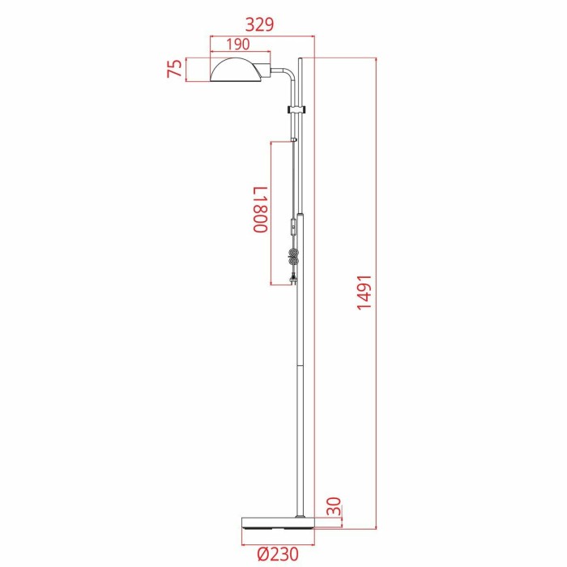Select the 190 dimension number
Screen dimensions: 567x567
(238, 45)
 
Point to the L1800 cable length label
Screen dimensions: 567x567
(258, 210)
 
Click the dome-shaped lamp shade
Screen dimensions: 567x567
(237, 71)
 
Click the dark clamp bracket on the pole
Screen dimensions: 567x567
(297, 108)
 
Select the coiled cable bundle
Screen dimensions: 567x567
(294, 259)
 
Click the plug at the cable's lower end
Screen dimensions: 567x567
(292, 281)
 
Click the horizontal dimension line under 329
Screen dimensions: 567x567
(261, 36)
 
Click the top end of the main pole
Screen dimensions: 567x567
(302, 59)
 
